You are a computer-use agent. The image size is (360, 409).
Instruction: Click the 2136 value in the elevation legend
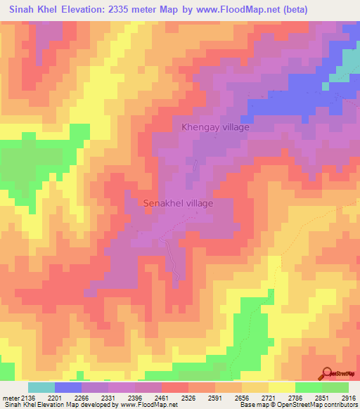click(27, 398)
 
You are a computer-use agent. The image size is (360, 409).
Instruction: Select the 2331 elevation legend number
click(110, 398)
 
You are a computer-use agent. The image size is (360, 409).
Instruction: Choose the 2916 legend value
click(346, 398)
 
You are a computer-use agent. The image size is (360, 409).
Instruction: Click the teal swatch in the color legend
click(41, 387)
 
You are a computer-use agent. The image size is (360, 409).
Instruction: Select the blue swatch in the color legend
click(68, 387)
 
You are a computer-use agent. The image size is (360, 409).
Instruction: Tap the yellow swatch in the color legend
click(281, 387)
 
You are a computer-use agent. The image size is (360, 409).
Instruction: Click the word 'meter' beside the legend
click(11, 398)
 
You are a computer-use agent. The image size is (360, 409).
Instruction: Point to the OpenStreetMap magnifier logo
click(330, 372)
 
